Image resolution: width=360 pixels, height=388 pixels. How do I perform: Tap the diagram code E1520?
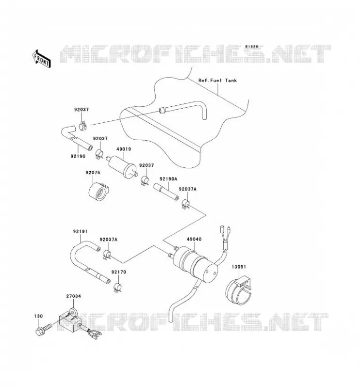(252, 47)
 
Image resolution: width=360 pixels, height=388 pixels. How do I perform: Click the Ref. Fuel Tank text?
(217, 81)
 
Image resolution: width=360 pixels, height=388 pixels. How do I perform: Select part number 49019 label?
(124, 149)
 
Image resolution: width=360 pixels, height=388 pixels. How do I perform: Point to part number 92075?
(93, 173)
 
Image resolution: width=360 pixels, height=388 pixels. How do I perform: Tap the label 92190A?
(168, 178)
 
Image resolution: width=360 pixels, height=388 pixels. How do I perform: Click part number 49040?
(194, 239)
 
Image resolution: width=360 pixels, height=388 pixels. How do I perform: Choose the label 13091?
(239, 267)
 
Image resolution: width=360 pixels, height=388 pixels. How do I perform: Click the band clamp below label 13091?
(238, 292)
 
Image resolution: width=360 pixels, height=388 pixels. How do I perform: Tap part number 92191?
(80, 232)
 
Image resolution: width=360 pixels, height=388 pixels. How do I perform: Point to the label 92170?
(118, 272)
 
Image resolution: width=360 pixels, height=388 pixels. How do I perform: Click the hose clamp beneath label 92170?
(117, 287)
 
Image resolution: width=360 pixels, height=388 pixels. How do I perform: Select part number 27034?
(74, 296)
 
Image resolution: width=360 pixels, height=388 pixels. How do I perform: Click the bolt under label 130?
(44, 329)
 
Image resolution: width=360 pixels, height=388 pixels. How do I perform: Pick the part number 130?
(38, 316)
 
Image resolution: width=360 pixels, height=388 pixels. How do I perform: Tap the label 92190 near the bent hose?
(78, 156)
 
